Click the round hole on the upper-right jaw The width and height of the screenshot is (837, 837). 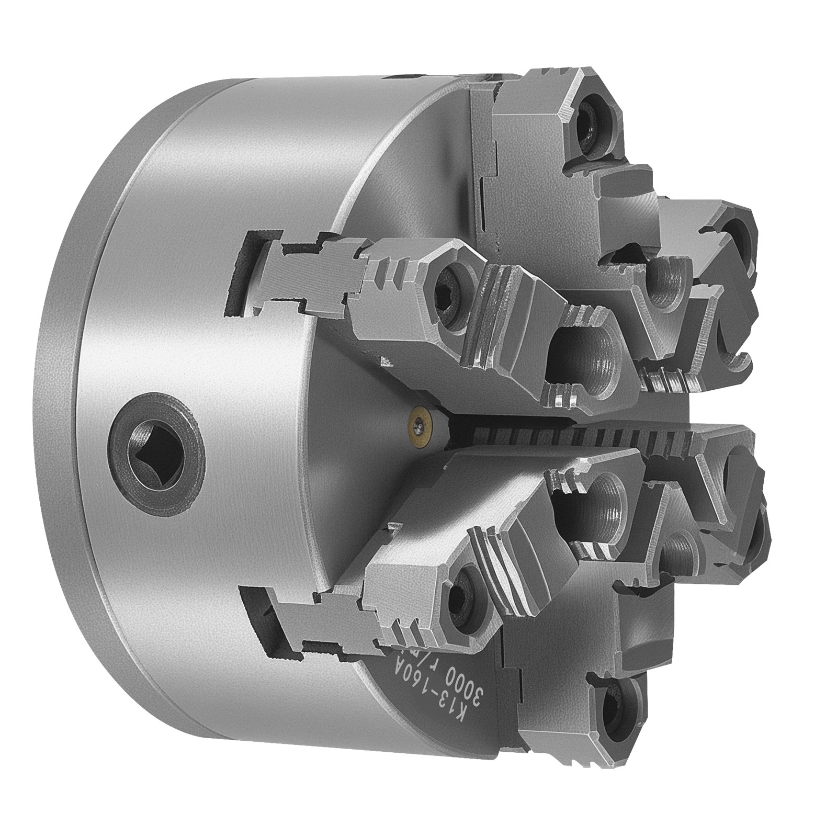(735, 235)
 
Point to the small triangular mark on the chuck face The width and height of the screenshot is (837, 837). (386, 361)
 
